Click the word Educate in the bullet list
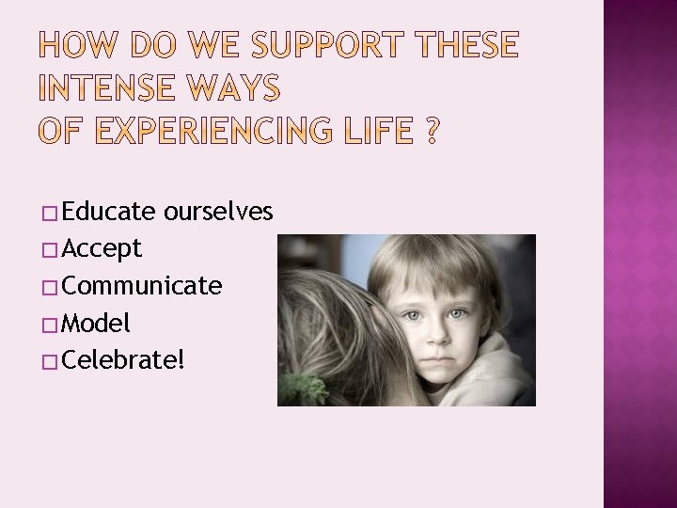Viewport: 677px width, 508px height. [x=111, y=212]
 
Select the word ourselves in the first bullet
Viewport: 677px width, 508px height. [x=218, y=212]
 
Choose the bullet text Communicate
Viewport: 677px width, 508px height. [x=144, y=286]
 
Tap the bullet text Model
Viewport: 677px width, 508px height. [x=98, y=324]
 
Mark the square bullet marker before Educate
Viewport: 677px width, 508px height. [x=50, y=214]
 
